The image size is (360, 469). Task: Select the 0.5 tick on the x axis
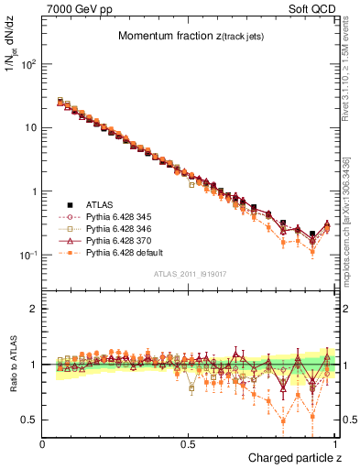coord(189,443)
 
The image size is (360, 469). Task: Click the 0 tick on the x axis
coord(43,443)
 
